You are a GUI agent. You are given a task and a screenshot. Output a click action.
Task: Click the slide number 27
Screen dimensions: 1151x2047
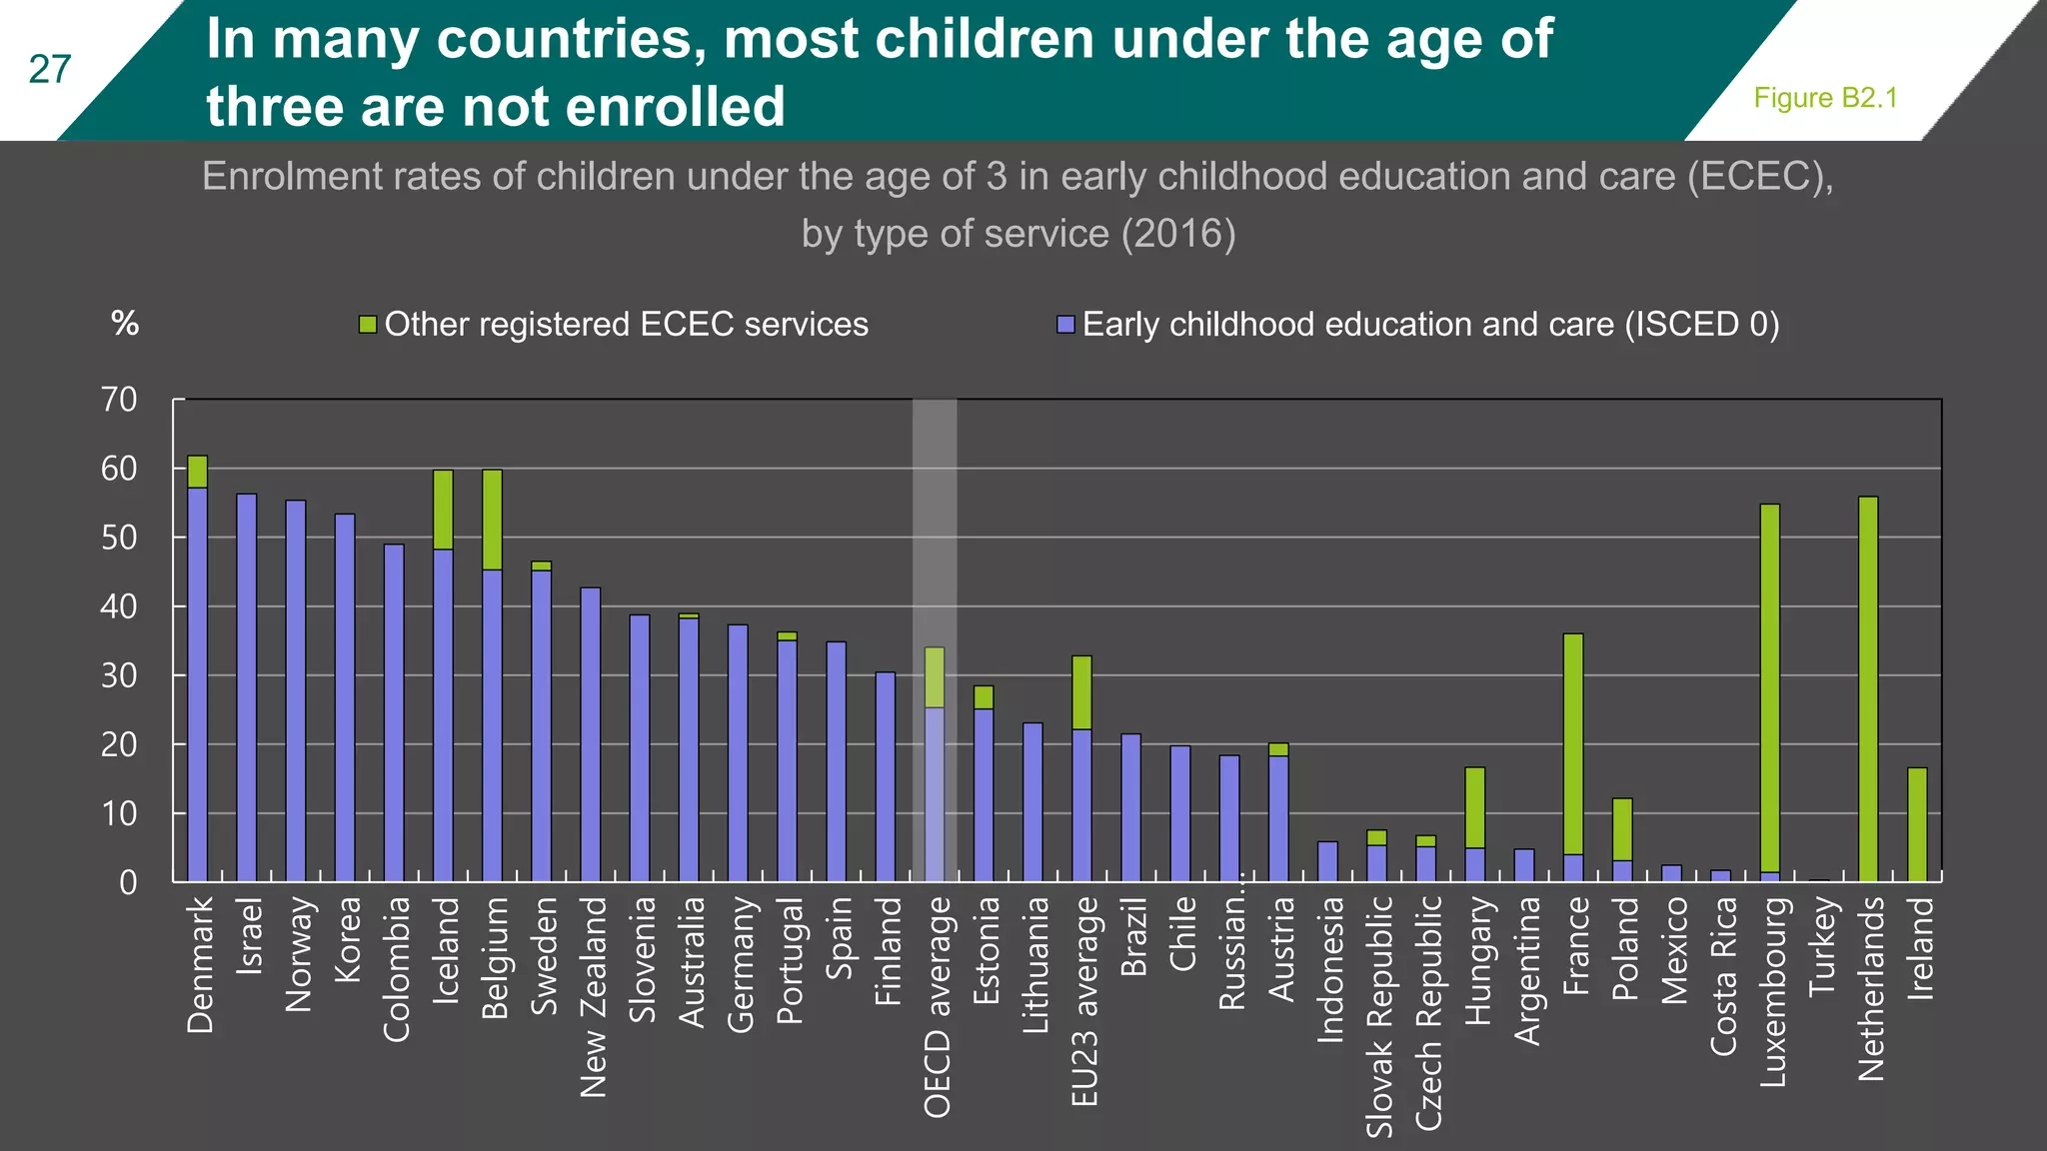click(50, 70)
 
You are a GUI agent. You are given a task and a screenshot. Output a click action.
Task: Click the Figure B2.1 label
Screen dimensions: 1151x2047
click(1825, 98)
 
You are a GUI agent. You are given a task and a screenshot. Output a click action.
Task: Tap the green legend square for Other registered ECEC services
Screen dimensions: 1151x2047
click(368, 325)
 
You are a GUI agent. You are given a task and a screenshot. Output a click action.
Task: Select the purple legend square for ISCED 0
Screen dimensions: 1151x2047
click(1065, 325)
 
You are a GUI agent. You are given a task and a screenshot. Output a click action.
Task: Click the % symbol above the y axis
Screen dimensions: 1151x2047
click(125, 323)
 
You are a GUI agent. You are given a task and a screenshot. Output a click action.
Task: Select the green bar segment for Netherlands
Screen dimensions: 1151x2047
click(1867, 689)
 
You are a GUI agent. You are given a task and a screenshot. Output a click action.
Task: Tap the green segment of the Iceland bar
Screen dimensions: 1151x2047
click(443, 510)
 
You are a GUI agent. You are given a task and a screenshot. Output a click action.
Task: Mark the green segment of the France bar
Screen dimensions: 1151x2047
click(1572, 743)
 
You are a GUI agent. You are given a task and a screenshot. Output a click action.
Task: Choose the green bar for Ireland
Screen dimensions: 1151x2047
click(1917, 824)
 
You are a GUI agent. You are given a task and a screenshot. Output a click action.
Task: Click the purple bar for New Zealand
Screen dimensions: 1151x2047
click(591, 734)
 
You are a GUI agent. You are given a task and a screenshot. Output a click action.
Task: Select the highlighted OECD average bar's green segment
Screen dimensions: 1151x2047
click(935, 677)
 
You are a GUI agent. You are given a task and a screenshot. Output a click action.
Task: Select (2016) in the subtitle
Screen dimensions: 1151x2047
click(1177, 234)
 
